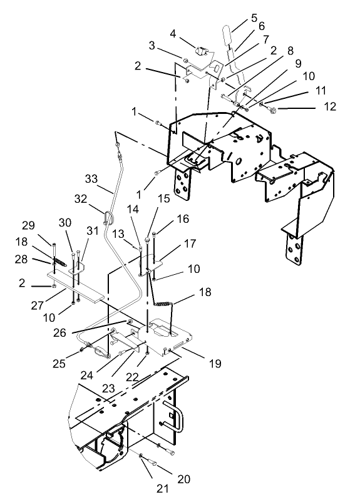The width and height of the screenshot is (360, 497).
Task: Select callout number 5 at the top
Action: click(x=236, y=18)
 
